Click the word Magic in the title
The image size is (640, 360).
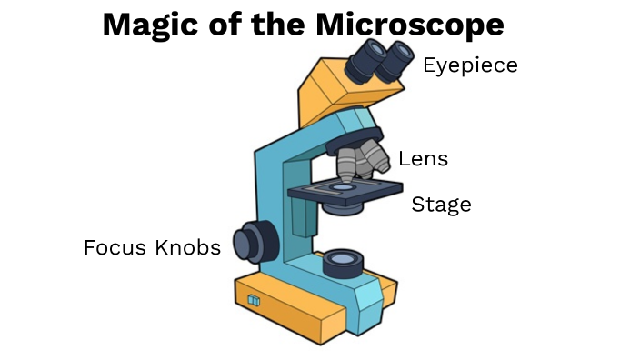tap(145, 25)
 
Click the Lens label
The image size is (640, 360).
tap(423, 159)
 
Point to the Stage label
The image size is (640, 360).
tap(442, 205)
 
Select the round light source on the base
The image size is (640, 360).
tap(344, 263)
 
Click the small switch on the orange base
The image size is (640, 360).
tap(255, 300)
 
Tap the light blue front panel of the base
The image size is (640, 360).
tap(368, 305)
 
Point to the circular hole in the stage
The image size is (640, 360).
tap(343, 186)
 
